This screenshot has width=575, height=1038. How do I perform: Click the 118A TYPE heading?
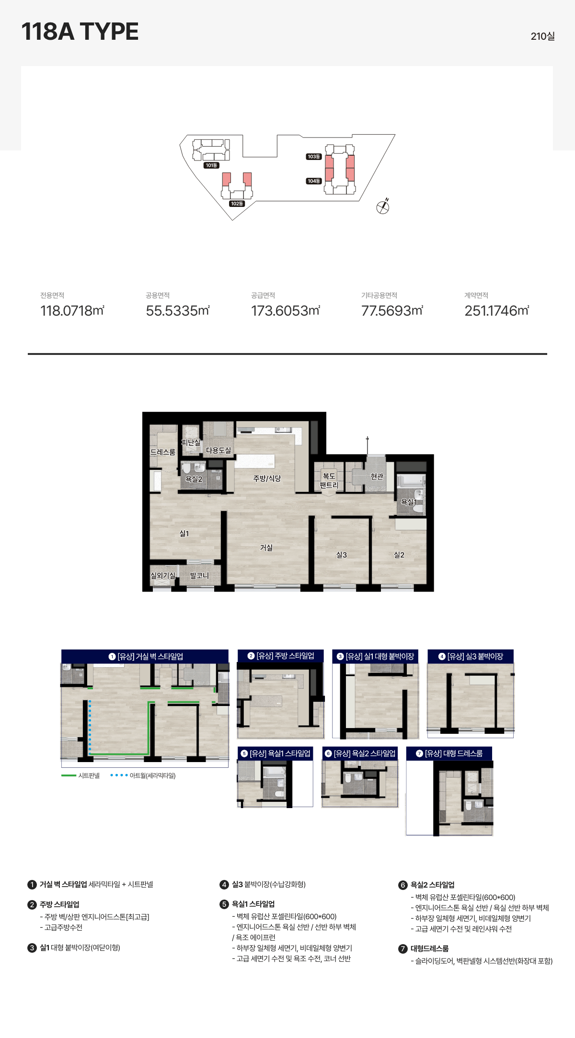80,32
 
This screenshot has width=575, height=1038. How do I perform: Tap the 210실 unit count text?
542,36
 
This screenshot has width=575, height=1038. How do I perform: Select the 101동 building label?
211,165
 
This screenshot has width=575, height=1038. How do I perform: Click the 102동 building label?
237,204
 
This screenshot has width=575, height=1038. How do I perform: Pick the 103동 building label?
314,157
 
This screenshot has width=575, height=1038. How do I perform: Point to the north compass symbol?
383,206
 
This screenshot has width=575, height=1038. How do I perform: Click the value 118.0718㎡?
72,311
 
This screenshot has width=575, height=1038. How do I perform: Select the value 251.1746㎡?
497,311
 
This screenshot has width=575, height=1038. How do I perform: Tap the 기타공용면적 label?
379,296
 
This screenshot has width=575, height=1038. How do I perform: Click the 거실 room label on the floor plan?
266,548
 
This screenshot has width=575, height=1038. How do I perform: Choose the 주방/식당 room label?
267,478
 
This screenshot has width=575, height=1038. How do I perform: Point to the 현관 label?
377,476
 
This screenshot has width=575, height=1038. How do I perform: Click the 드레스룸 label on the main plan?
163,452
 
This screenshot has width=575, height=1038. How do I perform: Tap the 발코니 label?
199,575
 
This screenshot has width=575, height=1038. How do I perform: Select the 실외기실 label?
163,575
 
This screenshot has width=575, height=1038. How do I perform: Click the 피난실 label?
191,442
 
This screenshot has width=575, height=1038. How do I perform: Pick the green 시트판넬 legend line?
69,776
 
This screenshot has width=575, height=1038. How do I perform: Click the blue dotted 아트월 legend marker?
119,775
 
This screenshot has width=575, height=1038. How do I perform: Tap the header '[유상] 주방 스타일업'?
281,656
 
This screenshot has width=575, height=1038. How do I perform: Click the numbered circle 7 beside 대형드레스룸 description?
403,949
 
